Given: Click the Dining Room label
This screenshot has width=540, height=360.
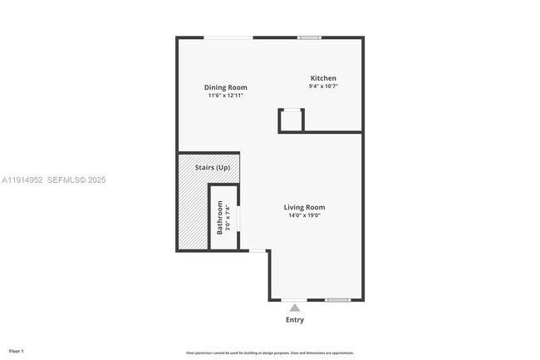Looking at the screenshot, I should pos(226,87).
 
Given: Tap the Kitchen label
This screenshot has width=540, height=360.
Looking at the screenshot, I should pos(323,78).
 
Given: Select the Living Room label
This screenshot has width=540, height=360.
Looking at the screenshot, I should pos(304,207).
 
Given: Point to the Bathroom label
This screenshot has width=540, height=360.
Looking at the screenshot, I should pos(220,218).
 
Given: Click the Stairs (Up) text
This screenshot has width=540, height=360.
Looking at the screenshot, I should pos(213,168).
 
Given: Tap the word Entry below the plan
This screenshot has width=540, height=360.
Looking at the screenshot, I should pos(295,319).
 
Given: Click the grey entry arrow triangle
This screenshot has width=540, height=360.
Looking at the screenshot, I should pos(295,308).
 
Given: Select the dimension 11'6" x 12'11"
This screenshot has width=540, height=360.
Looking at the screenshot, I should pos(226,96).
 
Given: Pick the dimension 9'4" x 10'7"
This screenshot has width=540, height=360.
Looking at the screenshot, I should pos(323,86).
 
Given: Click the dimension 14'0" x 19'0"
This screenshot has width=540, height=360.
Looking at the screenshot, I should pos(304,215).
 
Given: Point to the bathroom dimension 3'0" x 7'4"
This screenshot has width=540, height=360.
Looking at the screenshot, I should pos(228,218).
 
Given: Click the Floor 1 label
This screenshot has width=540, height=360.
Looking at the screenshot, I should pos(17,351).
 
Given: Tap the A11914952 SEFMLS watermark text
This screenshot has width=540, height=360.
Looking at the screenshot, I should pos(53,180).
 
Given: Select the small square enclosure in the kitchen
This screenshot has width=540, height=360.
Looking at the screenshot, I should pos(291,121).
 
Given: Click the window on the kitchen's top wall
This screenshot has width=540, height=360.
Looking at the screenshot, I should pos(310,37).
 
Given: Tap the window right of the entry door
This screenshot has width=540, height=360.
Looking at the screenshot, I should pos(337,300).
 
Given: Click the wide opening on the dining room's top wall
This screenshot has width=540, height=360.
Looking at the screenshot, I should pos(229,37).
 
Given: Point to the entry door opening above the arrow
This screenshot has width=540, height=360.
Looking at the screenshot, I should pos(294,300).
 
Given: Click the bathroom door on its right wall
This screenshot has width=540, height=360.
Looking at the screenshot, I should pos(238,218).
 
